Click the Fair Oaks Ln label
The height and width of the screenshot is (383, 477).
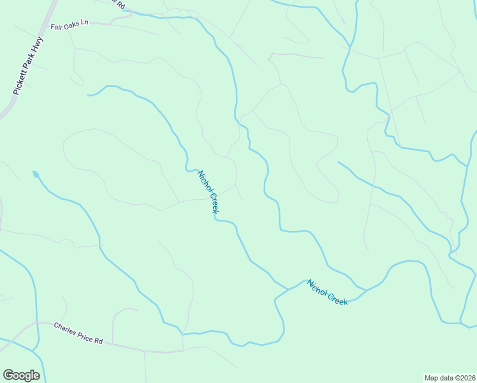click(x=70, y=25)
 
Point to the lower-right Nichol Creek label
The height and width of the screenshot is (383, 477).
click(x=328, y=292)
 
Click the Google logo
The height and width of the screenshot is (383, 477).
click(x=21, y=375)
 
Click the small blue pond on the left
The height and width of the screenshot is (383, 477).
click(x=36, y=174)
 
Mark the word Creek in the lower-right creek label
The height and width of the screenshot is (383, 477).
click(x=339, y=298)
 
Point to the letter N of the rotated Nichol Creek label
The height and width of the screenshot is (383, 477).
click(x=200, y=173)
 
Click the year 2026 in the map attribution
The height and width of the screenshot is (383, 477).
click(x=467, y=377)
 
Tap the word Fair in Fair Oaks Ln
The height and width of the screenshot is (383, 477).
click(x=57, y=26)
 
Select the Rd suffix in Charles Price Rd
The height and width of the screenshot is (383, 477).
click(x=98, y=341)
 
